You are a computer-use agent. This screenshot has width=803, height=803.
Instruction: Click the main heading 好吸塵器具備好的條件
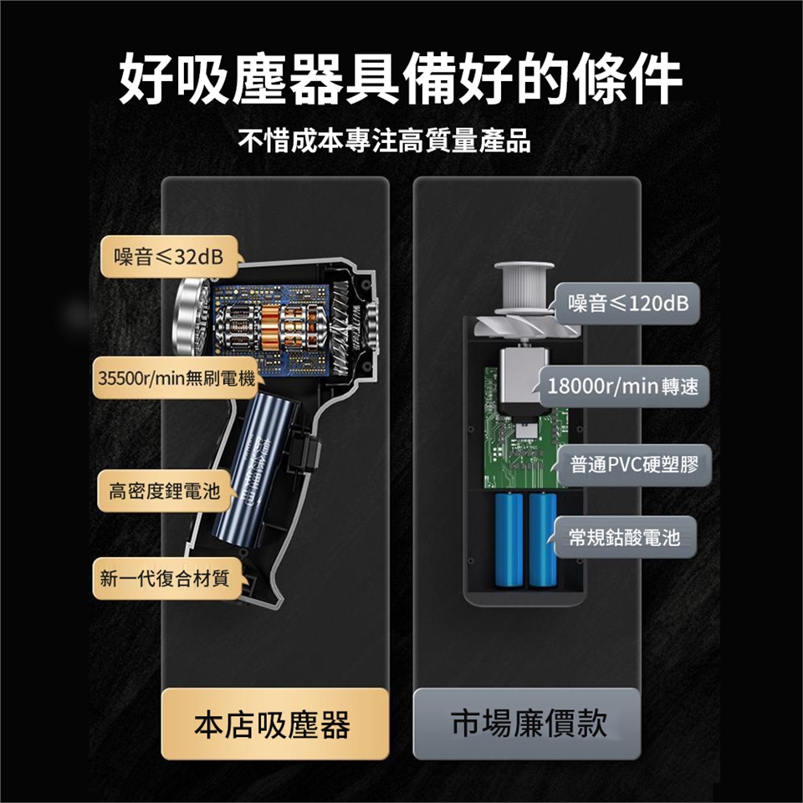(401, 79)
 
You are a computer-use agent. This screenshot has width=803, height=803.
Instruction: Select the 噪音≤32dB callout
(168, 257)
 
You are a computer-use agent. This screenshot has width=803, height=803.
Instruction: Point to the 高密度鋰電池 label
(159, 491)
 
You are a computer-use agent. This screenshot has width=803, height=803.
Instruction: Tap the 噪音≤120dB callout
(628, 304)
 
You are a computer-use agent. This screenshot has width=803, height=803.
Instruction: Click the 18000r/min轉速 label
(623, 387)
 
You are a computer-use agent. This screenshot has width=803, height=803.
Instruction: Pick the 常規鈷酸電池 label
(624, 536)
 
